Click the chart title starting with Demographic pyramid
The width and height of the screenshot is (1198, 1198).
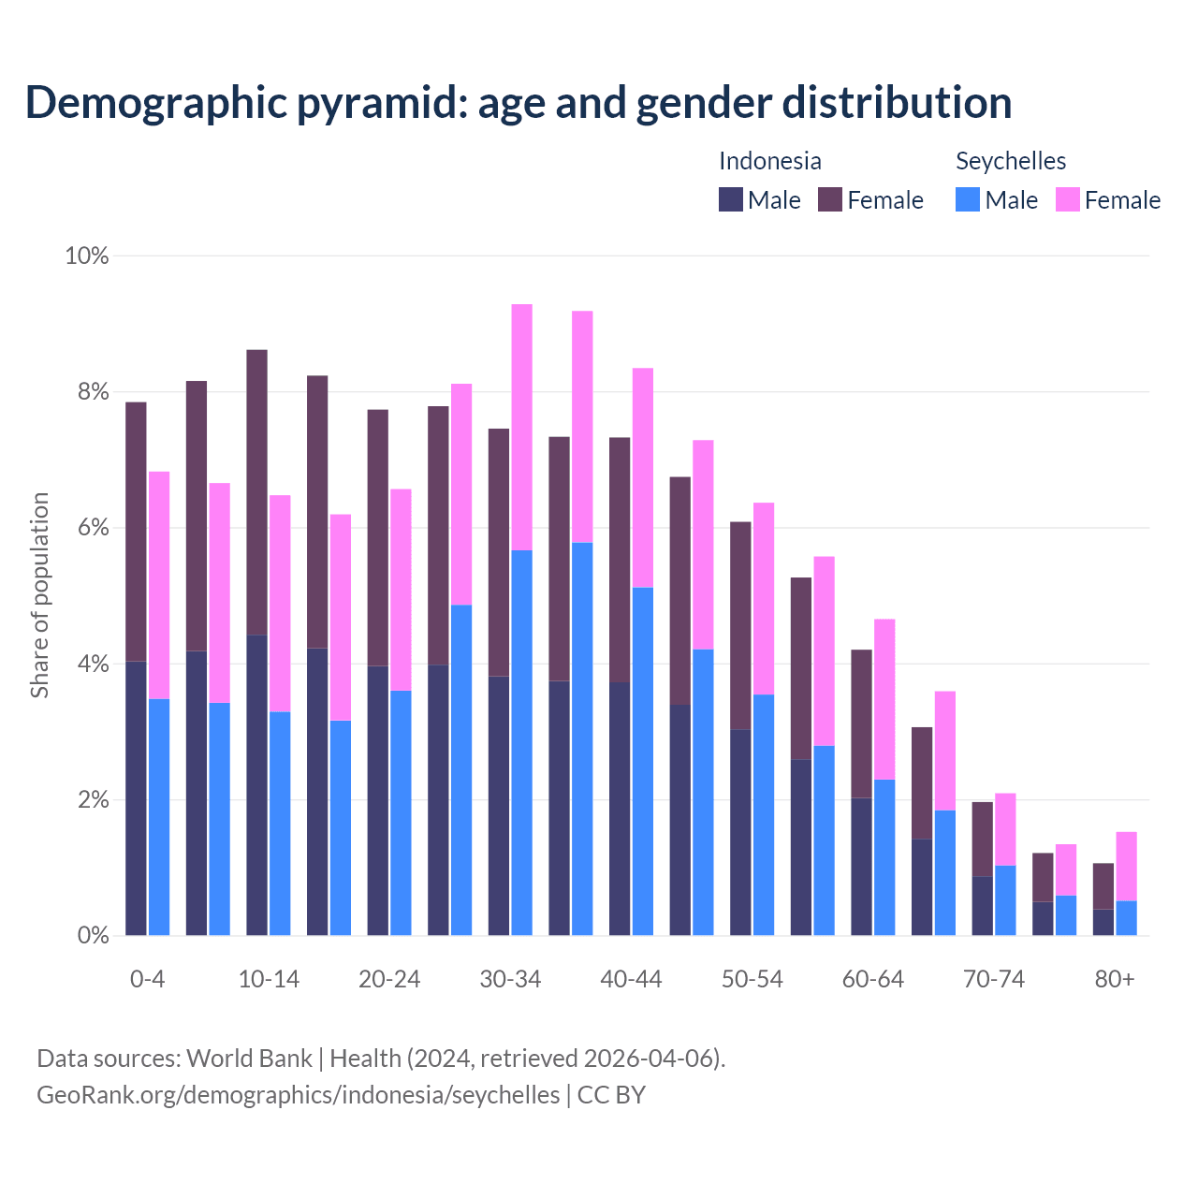[x=518, y=102]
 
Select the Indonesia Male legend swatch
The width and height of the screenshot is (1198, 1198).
[x=730, y=199]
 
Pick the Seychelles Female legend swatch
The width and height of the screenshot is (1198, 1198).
[x=1067, y=199]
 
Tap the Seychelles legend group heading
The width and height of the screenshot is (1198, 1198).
[x=1011, y=161]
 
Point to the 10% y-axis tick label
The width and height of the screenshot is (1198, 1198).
[x=86, y=256]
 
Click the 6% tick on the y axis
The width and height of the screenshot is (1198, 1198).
[x=94, y=528]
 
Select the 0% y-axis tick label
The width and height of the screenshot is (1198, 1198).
[x=94, y=935]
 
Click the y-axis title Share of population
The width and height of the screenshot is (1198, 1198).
[x=39, y=595]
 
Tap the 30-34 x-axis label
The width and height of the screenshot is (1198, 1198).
[x=510, y=979]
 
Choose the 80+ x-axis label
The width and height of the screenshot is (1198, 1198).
[x=1115, y=979]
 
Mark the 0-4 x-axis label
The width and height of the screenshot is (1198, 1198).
[x=147, y=979]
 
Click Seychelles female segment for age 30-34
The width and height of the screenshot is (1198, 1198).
[x=521, y=427]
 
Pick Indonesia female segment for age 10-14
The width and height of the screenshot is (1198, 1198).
[x=256, y=492]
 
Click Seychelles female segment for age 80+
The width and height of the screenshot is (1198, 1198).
[x=1126, y=866]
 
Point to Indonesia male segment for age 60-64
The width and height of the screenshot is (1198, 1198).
[x=861, y=867]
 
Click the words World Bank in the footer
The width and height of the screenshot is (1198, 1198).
[x=249, y=1059]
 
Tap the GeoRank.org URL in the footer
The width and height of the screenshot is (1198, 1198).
[x=298, y=1095]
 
